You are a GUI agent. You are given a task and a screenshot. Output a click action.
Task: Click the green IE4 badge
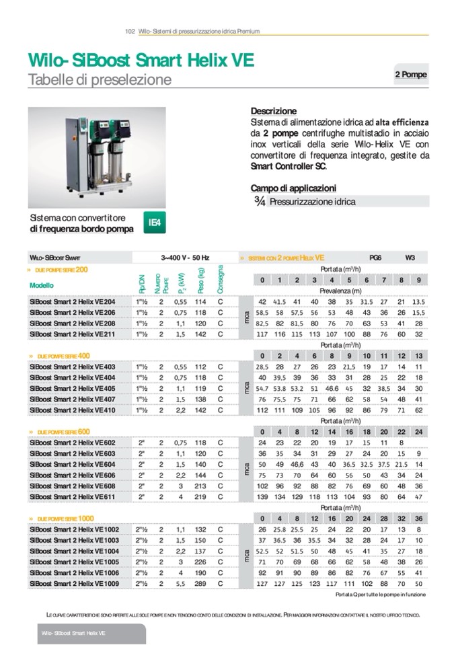click(x=154, y=223)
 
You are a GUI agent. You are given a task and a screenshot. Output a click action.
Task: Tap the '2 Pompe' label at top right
click(x=410, y=75)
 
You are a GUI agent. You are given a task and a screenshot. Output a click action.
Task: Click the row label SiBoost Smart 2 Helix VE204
click(x=73, y=302)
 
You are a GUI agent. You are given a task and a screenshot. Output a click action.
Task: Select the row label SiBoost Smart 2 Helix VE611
click(x=73, y=496)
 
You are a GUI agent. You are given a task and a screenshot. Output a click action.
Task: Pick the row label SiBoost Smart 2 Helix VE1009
click(x=74, y=583)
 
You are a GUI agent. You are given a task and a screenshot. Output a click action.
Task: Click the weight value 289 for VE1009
click(x=200, y=583)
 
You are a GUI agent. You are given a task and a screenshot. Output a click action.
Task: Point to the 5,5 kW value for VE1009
click(x=180, y=583)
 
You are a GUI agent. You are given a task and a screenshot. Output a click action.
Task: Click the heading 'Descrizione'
click(x=274, y=111)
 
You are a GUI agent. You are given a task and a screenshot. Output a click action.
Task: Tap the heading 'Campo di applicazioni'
click(x=293, y=188)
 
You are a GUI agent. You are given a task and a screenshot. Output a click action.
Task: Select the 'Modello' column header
click(x=42, y=285)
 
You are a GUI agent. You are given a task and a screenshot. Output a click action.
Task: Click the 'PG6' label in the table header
click(x=375, y=257)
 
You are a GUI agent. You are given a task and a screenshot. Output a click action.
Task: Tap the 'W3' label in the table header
click(x=410, y=257)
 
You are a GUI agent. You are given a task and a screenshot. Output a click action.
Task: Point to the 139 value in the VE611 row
click(x=262, y=496)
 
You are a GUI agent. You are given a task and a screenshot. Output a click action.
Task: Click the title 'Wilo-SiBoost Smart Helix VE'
click(x=141, y=61)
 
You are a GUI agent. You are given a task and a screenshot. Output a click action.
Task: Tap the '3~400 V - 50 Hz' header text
click(x=185, y=257)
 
